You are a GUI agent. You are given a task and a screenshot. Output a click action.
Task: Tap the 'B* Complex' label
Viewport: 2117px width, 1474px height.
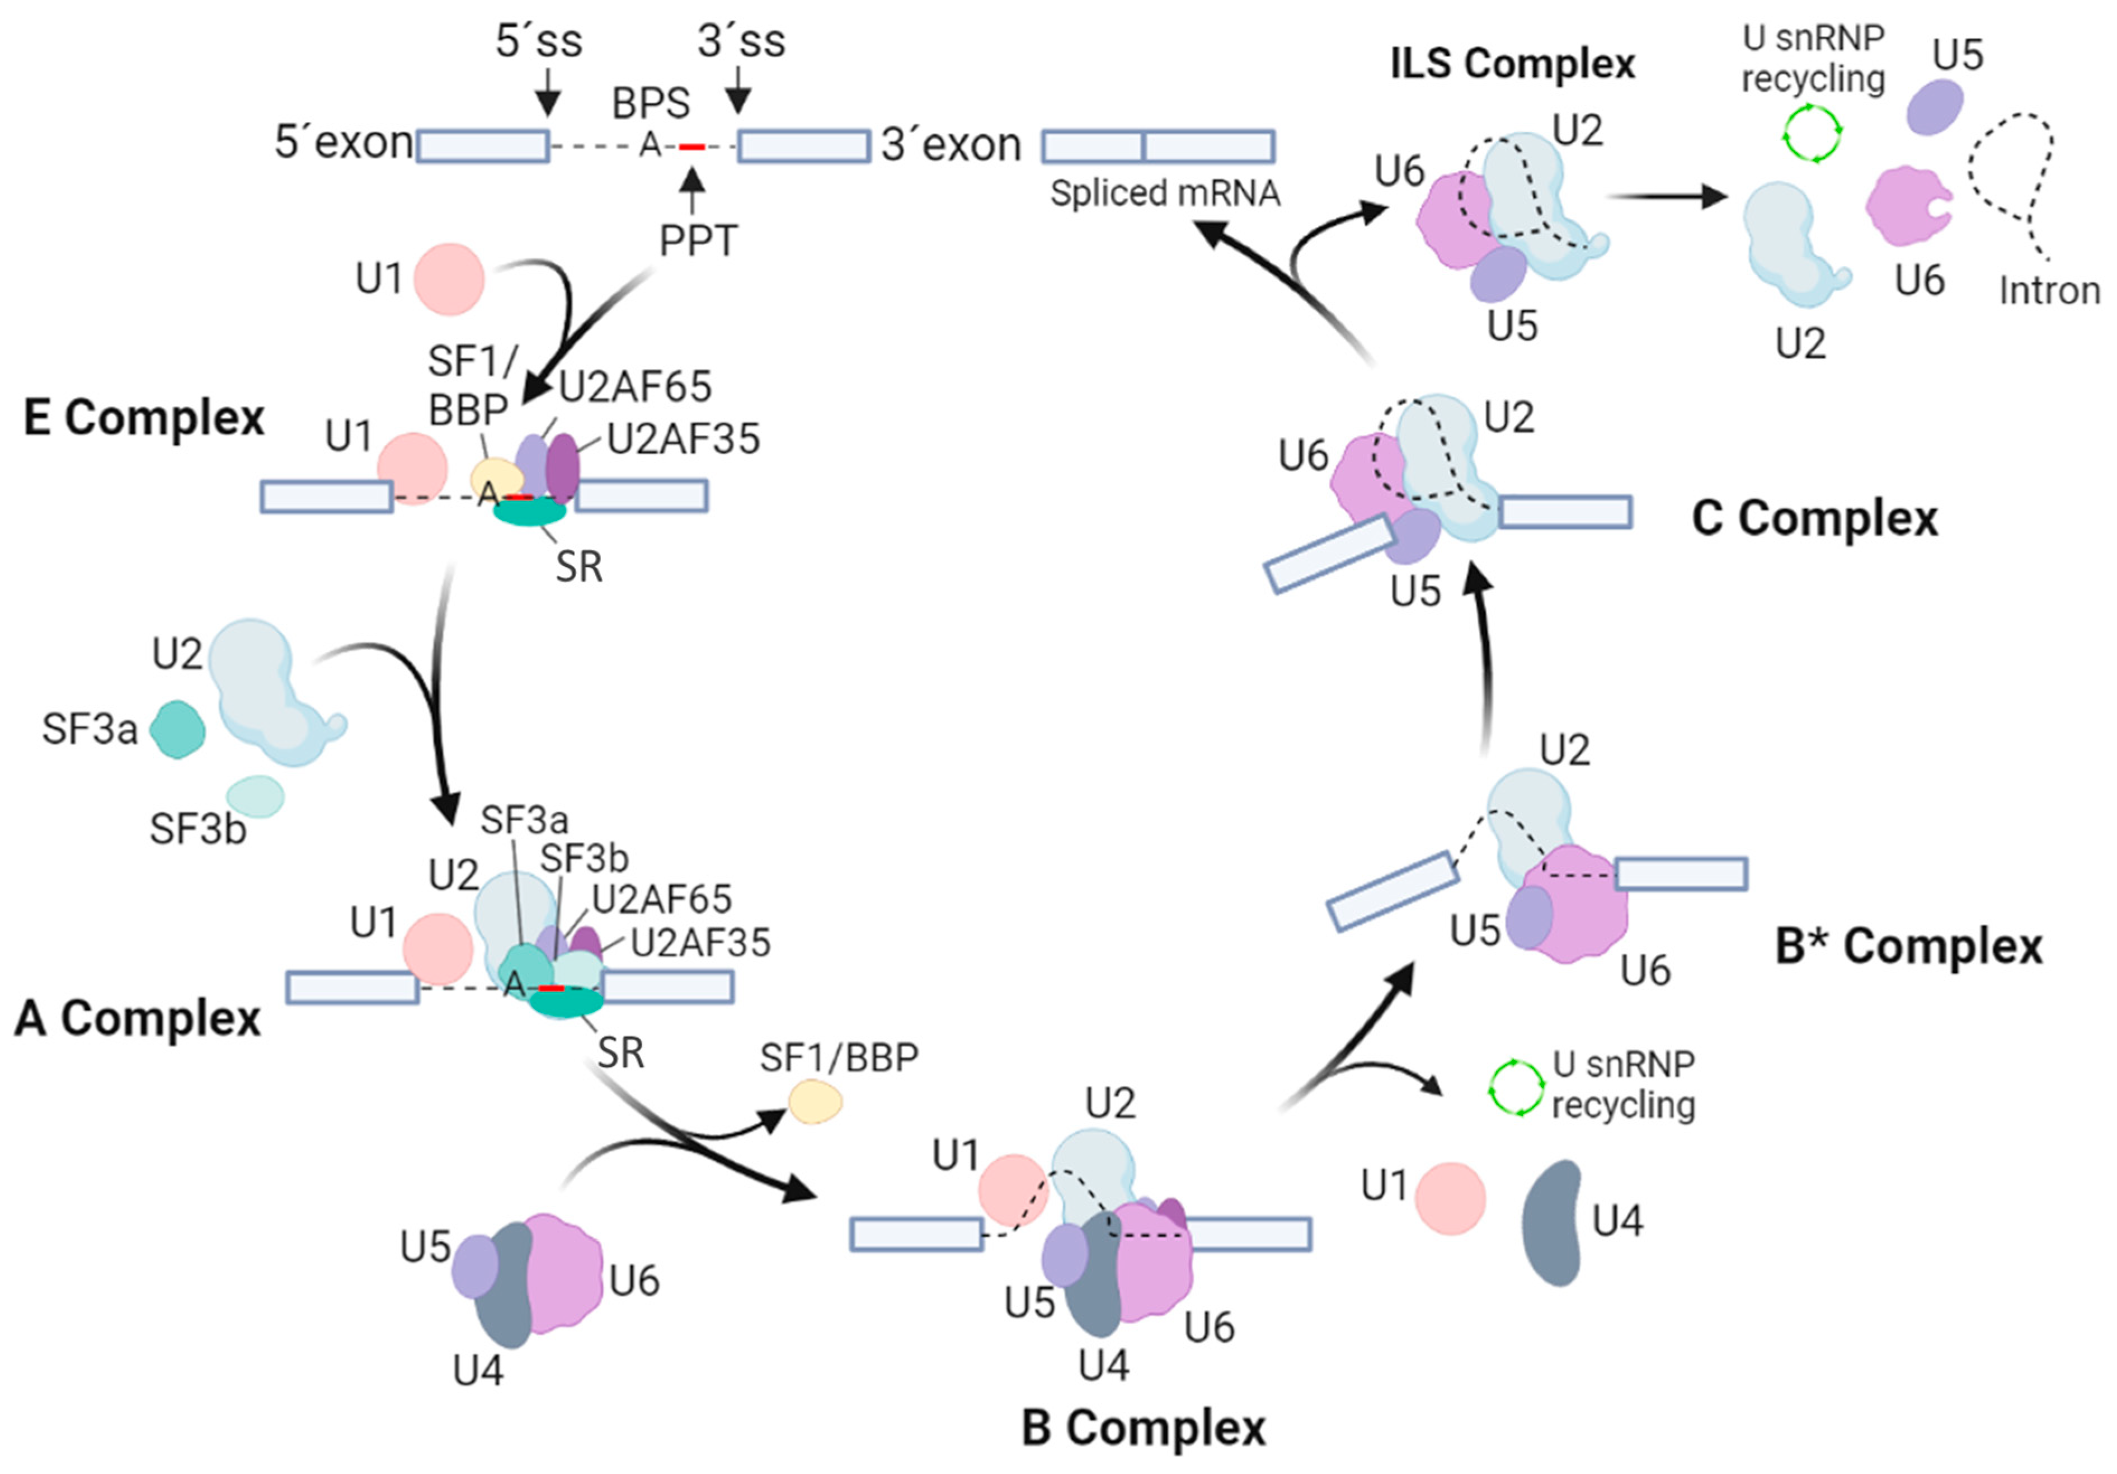tap(1909, 947)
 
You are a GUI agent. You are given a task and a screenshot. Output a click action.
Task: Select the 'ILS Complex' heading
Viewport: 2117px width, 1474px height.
tap(1512, 64)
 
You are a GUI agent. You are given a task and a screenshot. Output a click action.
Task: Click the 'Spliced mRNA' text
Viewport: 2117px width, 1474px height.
tap(1165, 193)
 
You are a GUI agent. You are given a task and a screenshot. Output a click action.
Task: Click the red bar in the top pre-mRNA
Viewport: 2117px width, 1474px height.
tap(691, 147)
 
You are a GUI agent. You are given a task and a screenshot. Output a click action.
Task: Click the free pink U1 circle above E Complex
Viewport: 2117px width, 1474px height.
tap(448, 278)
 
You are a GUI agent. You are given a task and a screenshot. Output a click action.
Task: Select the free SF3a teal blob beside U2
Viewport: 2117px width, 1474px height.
tap(177, 729)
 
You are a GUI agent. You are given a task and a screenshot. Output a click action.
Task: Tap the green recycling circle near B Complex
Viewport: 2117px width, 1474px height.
tap(1516, 1088)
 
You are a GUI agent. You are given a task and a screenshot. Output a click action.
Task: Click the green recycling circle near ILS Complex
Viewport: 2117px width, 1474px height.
tap(1812, 135)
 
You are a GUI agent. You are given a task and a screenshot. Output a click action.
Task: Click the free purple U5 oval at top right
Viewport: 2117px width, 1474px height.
tap(1935, 107)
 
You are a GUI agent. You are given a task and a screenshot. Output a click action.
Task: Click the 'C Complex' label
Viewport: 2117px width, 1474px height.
tap(1814, 518)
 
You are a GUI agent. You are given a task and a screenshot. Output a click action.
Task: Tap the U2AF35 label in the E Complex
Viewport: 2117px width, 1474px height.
tap(683, 440)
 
